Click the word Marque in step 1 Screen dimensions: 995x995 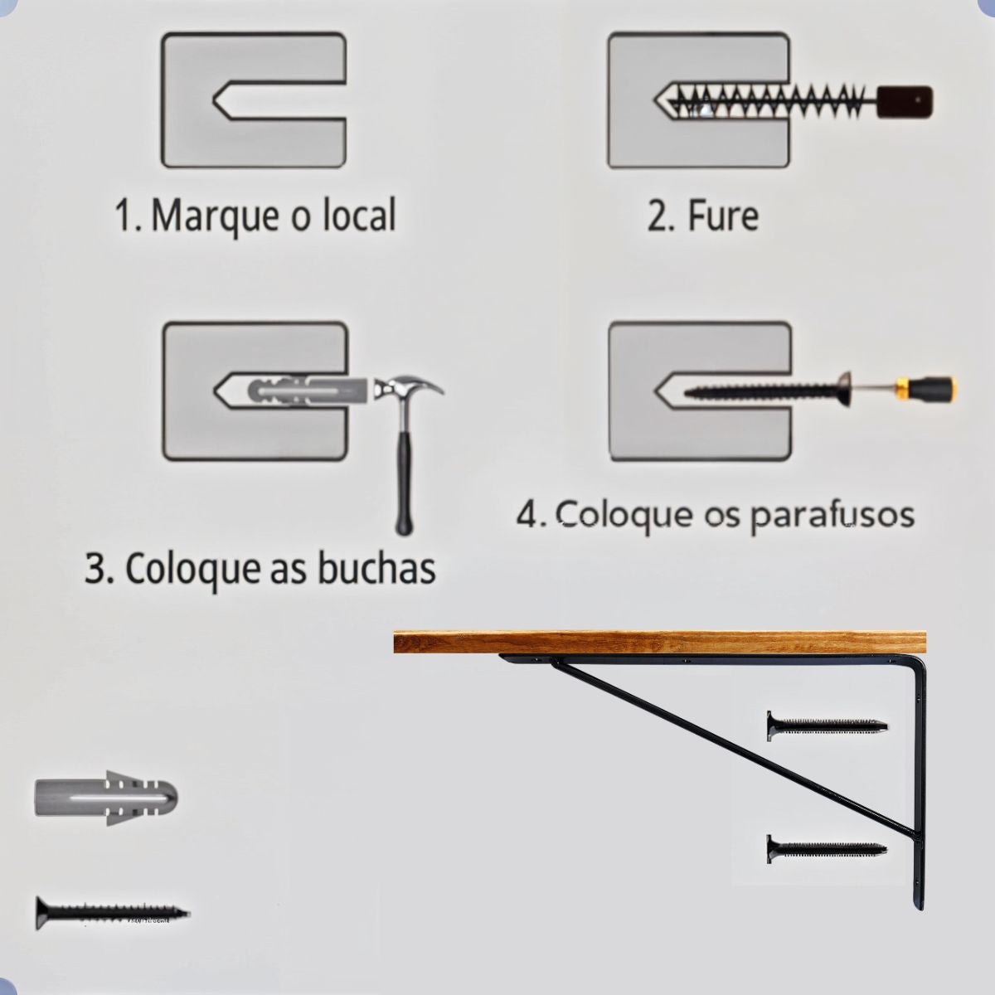213,216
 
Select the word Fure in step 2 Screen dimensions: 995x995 723,216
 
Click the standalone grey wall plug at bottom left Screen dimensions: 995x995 106,798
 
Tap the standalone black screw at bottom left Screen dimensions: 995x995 112,912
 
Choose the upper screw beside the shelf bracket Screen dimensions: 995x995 826,726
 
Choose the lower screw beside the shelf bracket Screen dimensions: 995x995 826,849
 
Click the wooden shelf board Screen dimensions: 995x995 659,642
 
